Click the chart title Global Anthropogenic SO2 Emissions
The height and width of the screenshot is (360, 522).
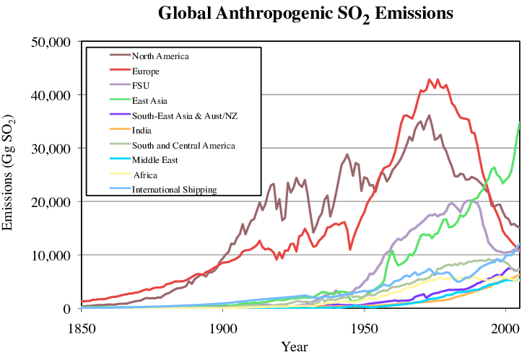305,14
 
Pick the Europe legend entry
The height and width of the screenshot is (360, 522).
145,71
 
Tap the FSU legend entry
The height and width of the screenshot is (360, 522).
141,86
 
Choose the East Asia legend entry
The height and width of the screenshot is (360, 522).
149,101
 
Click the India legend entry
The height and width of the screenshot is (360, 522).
142,131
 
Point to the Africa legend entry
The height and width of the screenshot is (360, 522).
144,175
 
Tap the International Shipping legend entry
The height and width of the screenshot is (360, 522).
174,190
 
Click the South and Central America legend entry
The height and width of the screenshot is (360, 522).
183,146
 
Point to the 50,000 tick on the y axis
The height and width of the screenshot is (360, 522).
51,42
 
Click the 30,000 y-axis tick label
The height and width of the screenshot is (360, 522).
51,149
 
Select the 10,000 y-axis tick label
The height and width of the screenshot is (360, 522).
51,255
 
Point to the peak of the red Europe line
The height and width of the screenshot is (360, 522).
430,79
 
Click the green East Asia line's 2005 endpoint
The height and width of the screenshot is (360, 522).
519,123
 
